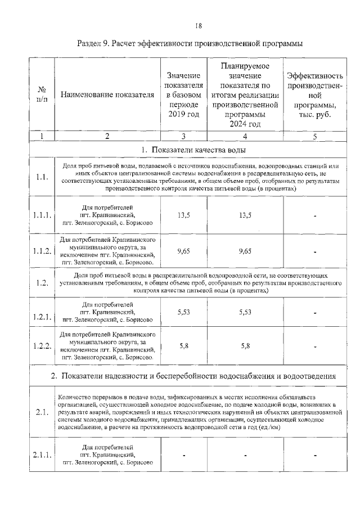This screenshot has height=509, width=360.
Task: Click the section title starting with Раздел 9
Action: point(190,43)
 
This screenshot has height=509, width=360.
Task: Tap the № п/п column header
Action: point(41,94)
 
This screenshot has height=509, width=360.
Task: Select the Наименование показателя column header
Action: point(107,94)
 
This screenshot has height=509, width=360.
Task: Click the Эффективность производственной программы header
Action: point(314,94)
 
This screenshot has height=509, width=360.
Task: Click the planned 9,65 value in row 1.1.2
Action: point(245,251)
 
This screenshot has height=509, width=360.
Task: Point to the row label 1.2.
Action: point(41,283)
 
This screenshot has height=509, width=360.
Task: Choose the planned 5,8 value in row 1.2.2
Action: point(245,345)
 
